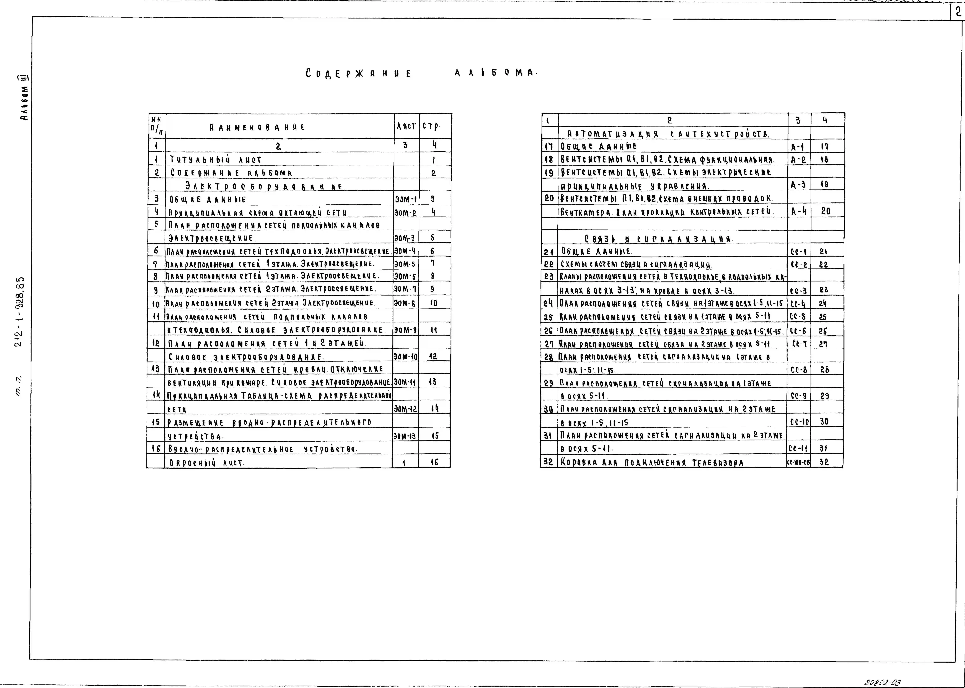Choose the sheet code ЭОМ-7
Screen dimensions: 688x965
click(x=405, y=289)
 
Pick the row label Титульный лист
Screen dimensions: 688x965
click(x=215, y=160)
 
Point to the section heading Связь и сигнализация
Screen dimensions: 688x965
click(x=658, y=239)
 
